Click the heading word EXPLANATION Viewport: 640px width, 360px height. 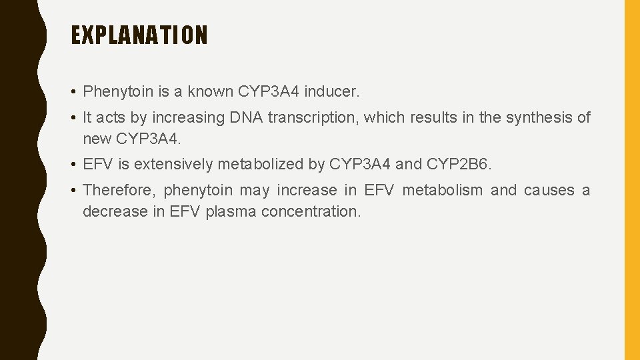(139, 35)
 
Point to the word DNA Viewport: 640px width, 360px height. (246, 118)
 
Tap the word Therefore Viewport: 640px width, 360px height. (117, 190)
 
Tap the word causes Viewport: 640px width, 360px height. (549, 190)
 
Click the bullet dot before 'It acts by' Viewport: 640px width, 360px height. (75, 119)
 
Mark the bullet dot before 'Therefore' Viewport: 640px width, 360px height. (75, 191)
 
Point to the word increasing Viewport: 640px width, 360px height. (188, 118)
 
